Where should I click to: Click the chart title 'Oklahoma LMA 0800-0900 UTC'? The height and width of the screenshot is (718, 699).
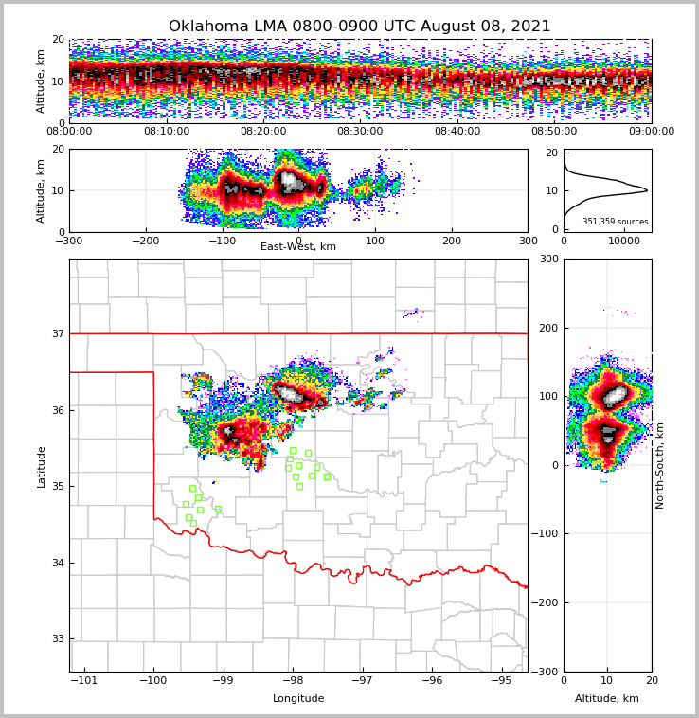pos(359,27)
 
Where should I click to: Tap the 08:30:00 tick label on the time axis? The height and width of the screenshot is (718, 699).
pos(360,132)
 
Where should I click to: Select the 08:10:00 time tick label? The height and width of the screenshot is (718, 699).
pos(166,132)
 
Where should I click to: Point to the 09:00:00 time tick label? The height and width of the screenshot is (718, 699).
pos(651,132)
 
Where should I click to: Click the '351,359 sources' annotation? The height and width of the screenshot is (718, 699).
pos(616,222)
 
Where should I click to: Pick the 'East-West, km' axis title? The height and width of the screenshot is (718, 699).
pos(298,247)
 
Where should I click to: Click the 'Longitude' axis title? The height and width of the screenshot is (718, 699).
pos(298,699)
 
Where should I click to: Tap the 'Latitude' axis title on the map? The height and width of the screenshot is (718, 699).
pos(42,466)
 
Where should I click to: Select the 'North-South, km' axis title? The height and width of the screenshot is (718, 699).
pos(660,466)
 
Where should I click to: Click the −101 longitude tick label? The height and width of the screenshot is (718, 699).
pos(84,680)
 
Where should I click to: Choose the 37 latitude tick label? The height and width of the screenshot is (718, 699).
pos(58,333)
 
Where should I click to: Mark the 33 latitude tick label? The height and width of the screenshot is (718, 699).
pos(58,639)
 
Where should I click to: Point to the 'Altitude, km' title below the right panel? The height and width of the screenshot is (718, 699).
pos(607,699)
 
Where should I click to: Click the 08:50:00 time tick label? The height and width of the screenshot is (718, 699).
pos(554,132)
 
